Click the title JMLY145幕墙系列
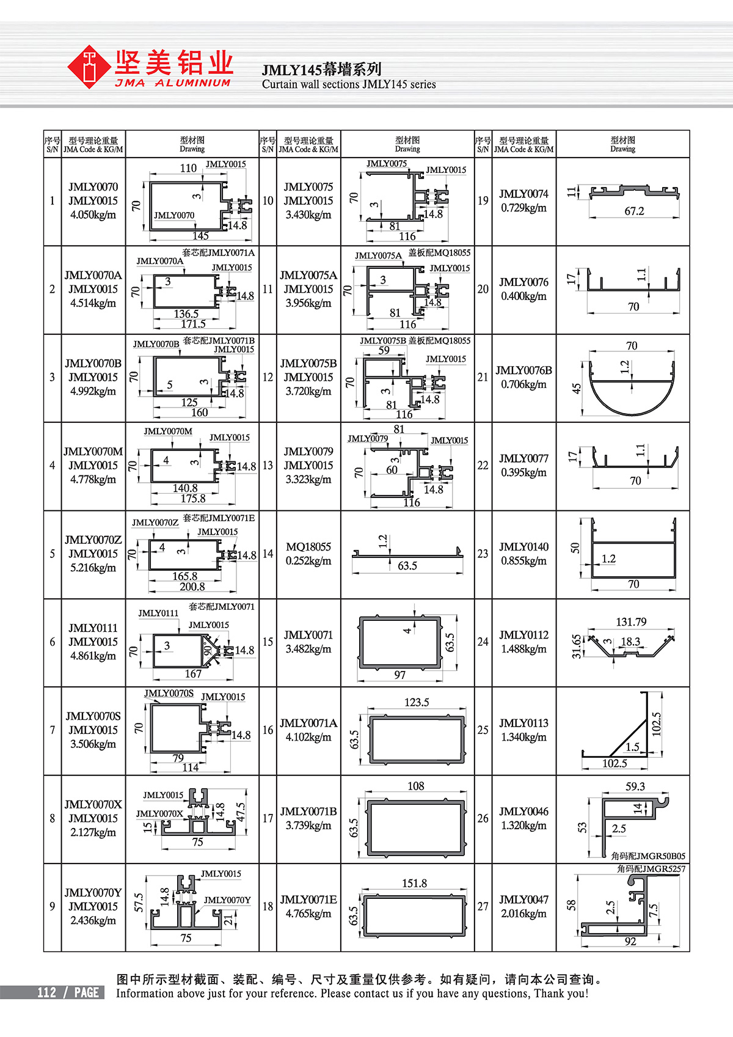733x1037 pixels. coord(322,69)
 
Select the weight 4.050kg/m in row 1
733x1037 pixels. coord(93,215)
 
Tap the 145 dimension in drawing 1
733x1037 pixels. coord(200,236)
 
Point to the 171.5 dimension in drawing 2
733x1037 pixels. coord(193,324)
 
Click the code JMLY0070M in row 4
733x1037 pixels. coord(93,452)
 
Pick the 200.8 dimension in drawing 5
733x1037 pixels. coord(192,587)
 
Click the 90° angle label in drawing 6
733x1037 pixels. coord(207,650)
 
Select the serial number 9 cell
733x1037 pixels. coord(53,906)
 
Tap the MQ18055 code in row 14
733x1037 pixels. coord(308,547)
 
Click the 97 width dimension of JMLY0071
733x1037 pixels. coord(399,675)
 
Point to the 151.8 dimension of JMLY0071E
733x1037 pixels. coord(414,884)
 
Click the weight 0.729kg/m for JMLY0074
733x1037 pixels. coord(523,208)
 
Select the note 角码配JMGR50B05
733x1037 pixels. coord(648,856)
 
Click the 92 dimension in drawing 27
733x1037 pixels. coord(630,942)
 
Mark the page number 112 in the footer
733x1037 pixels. coord(46,992)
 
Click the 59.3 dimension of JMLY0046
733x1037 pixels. coord(635,786)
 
